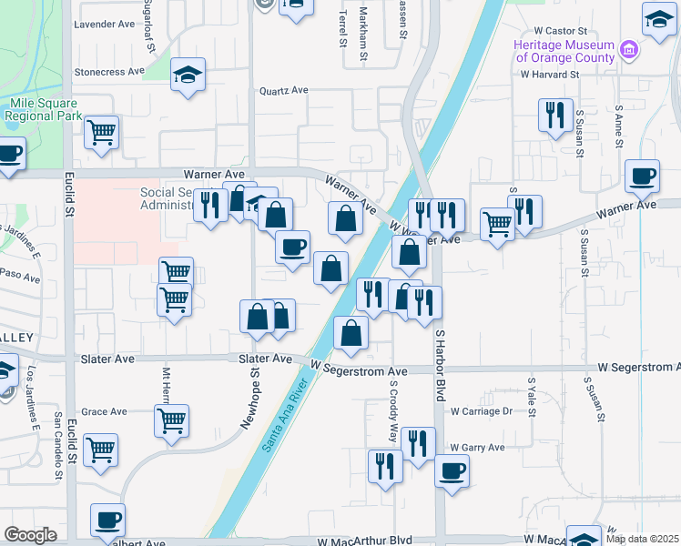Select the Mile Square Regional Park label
[44, 109]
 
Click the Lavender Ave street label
[104, 24]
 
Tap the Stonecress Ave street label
[109, 71]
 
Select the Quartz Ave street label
[284, 91]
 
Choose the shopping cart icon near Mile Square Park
[101, 132]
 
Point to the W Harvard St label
[549, 75]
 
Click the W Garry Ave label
[477, 448]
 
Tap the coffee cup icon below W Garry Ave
[452, 472]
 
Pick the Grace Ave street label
[104, 411]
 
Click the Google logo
[31, 535]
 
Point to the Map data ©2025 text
[642, 539]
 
